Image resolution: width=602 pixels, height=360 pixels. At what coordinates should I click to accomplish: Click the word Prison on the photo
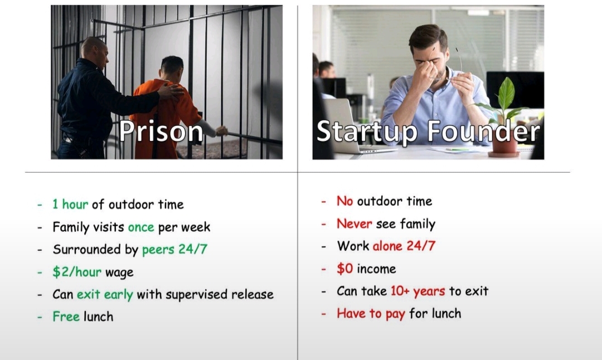161,132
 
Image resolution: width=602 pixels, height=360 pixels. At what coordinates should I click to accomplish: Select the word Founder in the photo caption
483,131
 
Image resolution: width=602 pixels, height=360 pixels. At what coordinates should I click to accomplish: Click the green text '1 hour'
70,204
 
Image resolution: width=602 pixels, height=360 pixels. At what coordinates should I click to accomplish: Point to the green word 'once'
141,227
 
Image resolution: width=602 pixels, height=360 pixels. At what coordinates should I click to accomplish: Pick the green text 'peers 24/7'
174,250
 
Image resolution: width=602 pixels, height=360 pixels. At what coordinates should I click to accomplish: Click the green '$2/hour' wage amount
77,272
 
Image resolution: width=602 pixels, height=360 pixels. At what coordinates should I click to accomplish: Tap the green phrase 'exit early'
105,294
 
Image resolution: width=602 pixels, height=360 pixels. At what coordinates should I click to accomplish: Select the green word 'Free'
66,317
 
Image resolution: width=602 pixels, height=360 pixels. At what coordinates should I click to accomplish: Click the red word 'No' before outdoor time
345,201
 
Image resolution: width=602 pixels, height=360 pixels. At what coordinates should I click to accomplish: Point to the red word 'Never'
355,224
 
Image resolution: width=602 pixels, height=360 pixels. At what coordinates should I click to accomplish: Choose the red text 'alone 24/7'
404,246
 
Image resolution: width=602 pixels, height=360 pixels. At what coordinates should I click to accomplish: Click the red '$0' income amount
345,268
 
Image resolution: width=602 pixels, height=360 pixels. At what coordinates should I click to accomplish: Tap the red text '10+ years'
418,291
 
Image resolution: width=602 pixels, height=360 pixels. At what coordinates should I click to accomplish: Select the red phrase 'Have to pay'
371,314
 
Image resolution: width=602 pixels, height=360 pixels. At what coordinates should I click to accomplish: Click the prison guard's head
94,50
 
